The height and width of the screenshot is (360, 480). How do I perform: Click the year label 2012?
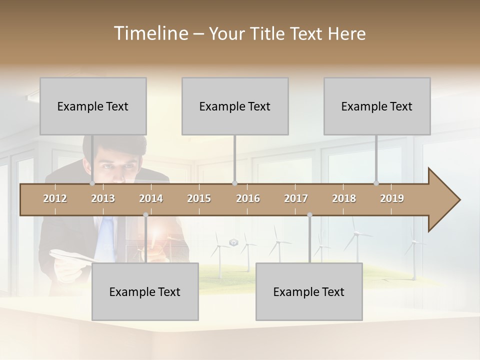[55, 198]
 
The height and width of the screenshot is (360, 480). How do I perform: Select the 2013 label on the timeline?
[103, 198]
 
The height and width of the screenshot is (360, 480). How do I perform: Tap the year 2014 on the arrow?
[151, 198]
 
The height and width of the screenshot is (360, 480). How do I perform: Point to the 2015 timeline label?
[199, 198]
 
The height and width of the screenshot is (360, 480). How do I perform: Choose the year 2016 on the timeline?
[248, 198]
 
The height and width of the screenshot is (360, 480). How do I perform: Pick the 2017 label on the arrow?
[296, 198]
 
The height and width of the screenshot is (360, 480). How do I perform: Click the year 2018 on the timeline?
[344, 198]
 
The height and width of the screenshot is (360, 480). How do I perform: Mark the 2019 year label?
[392, 198]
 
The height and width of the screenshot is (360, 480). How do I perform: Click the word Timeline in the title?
[150, 33]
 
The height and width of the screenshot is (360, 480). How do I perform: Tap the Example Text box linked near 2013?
[93, 106]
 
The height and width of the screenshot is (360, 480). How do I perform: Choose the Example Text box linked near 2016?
[235, 106]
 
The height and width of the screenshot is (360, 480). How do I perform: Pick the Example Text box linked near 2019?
[377, 106]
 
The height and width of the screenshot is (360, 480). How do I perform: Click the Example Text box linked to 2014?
[145, 291]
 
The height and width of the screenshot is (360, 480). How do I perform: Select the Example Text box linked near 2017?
[309, 291]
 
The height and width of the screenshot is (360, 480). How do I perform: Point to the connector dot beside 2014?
[145, 215]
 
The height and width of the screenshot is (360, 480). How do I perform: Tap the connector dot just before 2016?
[234, 183]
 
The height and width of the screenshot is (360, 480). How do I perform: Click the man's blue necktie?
[106, 235]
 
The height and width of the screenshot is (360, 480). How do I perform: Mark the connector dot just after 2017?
[309, 215]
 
